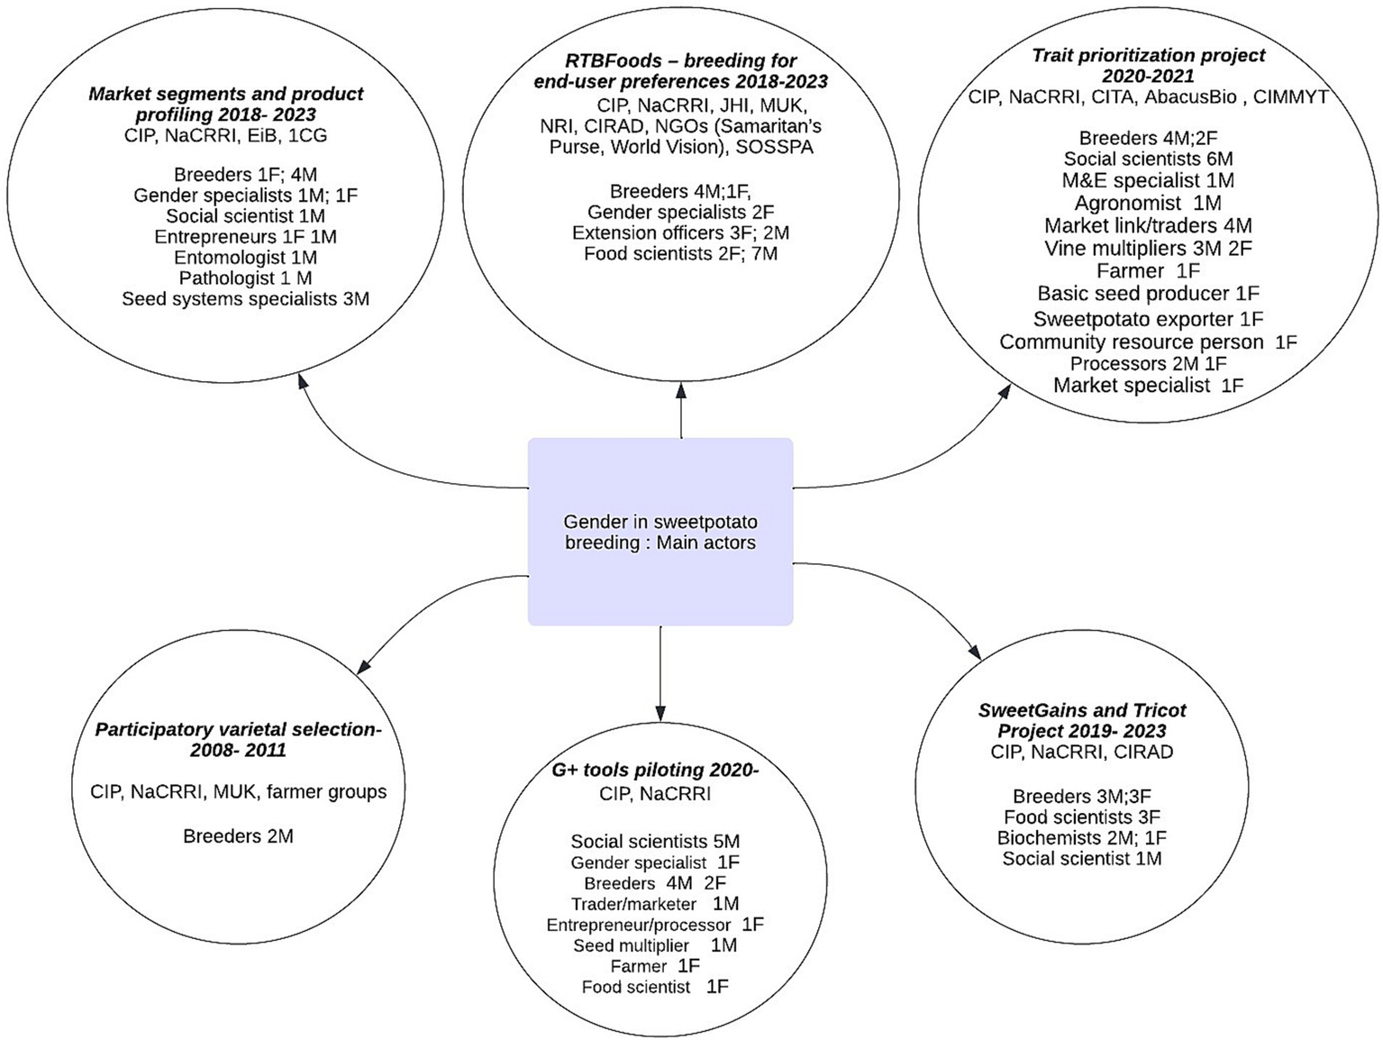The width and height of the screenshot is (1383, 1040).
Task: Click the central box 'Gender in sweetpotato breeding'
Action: (660, 532)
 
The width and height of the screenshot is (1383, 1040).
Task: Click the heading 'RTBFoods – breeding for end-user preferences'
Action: (680, 71)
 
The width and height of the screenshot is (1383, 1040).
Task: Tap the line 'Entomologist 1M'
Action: (245, 258)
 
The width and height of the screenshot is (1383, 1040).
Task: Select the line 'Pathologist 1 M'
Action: (245, 278)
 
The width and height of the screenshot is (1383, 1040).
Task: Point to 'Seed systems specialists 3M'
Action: (245, 299)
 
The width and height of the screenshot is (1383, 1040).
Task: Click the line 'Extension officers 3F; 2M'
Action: (680, 233)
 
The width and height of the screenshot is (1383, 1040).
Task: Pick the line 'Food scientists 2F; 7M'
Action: (680, 254)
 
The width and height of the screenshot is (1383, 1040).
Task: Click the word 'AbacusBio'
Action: (1190, 97)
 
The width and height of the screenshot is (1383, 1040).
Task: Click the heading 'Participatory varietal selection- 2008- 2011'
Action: (238, 740)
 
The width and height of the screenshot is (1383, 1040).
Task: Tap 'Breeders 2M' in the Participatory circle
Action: (238, 836)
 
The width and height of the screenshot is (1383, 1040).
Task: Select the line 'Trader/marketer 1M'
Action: (655, 904)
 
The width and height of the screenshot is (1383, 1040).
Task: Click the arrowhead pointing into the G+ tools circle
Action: (660, 713)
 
